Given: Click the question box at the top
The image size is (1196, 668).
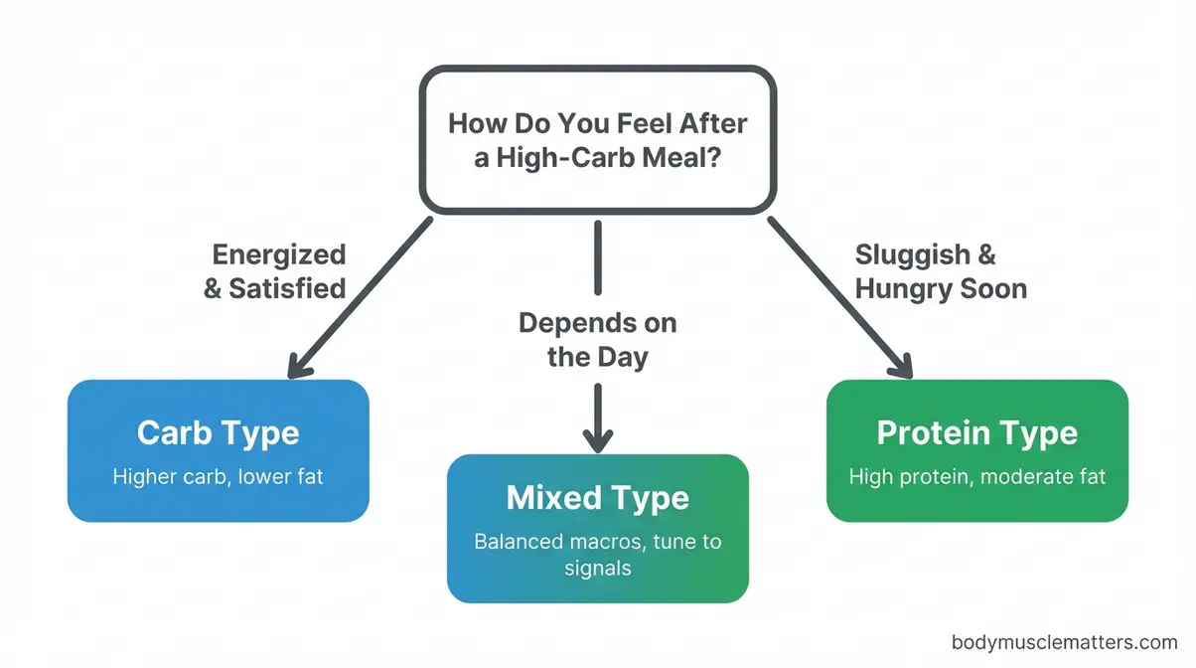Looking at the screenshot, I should [x=597, y=139].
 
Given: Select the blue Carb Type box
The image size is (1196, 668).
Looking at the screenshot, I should [x=218, y=450].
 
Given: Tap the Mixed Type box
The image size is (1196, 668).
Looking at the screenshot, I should [x=597, y=528].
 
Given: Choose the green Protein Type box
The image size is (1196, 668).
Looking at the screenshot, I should [x=976, y=450].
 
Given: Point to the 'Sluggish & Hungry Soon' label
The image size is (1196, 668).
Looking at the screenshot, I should [x=940, y=271].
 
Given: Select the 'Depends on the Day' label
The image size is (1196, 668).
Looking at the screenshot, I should [x=597, y=339].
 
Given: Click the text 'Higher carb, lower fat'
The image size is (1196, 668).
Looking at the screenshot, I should [x=218, y=477].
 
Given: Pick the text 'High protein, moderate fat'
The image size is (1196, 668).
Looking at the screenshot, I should [x=976, y=477].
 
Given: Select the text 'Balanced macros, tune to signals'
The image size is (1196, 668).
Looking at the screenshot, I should [x=597, y=555].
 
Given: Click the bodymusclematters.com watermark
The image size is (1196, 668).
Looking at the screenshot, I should [x=1063, y=643].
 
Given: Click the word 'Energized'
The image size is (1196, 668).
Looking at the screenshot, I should [x=279, y=254].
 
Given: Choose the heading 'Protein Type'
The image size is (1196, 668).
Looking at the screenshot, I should [x=976, y=433].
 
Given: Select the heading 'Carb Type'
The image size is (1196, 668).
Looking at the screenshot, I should [x=218, y=433].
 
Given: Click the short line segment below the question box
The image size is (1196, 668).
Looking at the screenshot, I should [x=597, y=256].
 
